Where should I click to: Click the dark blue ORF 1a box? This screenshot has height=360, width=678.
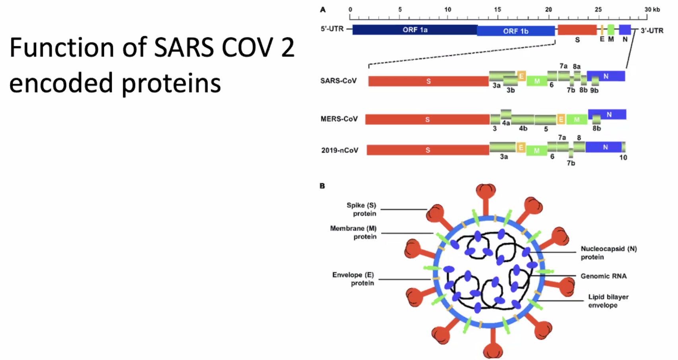click(x=415, y=30)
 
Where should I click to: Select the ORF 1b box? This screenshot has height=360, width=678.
click(x=516, y=31)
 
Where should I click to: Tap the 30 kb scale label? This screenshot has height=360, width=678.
click(x=652, y=10)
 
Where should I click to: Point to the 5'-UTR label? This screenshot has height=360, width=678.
click(x=332, y=29)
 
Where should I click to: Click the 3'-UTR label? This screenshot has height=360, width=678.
click(x=652, y=31)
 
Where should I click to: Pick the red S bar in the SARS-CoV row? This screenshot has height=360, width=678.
click(x=428, y=81)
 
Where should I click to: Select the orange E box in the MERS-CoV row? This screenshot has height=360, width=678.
click(x=561, y=119)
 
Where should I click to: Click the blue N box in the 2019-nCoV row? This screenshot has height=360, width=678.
click(x=604, y=147)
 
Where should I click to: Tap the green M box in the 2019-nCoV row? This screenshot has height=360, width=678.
click(x=537, y=150)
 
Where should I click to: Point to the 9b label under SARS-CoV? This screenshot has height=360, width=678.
click(x=594, y=91)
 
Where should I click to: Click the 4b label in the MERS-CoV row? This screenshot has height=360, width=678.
click(x=523, y=129)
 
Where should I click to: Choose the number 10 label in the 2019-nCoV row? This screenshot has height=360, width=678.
click(x=623, y=158)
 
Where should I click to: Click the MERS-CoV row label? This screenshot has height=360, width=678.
click(x=339, y=119)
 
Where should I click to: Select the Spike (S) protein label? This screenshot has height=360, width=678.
click(x=361, y=209)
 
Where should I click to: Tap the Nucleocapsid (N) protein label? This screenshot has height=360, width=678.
click(x=609, y=253)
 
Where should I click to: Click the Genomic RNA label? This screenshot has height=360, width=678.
click(x=604, y=276)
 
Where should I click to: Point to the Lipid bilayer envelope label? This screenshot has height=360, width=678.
click(x=608, y=301)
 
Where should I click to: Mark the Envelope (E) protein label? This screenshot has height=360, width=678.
click(x=353, y=279)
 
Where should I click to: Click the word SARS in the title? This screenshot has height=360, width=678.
click(x=184, y=48)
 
